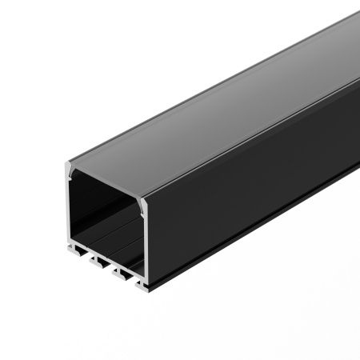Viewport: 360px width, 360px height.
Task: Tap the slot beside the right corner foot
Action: pos(132,278)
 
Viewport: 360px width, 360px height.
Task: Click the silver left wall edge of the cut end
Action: pos(66,210)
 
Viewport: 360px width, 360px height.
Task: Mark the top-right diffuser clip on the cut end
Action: pos(143,204)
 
